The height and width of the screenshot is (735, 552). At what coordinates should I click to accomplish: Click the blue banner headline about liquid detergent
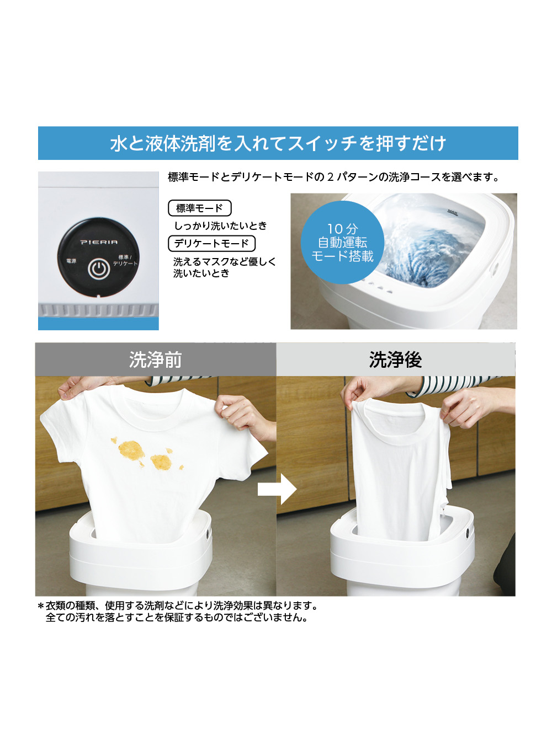(x=278, y=143)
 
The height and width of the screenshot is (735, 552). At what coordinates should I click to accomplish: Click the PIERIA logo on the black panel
(x=99, y=242)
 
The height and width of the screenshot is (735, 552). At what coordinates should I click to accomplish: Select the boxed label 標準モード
(x=199, y=208)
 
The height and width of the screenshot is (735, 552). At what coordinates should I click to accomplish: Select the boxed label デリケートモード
(x=211, y=243)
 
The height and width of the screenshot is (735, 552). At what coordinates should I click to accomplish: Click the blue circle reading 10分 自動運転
(x=342, y=243)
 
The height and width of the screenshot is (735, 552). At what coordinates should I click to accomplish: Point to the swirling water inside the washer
(x=425, y=248)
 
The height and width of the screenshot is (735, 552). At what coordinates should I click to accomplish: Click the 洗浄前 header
(x=156, y=360)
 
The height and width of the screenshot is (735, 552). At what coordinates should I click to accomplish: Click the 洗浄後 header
(x=395, y=360)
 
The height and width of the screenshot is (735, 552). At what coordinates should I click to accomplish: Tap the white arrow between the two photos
(x=277, y=489)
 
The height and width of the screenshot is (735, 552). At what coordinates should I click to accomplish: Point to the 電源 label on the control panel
(x=71, y=261)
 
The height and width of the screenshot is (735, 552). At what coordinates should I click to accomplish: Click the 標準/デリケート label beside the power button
(x=125, y=260)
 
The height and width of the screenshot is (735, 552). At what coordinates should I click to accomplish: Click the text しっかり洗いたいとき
(x=220, y=226)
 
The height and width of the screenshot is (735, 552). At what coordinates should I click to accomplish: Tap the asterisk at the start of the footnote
(x=40, y=606)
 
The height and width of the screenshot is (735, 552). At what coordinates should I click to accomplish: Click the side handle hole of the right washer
(x=468, y=533)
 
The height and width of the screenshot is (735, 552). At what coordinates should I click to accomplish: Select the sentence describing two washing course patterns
(x=333, y=177)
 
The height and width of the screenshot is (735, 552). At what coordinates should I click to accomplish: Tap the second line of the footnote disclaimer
(x=177, y=618)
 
